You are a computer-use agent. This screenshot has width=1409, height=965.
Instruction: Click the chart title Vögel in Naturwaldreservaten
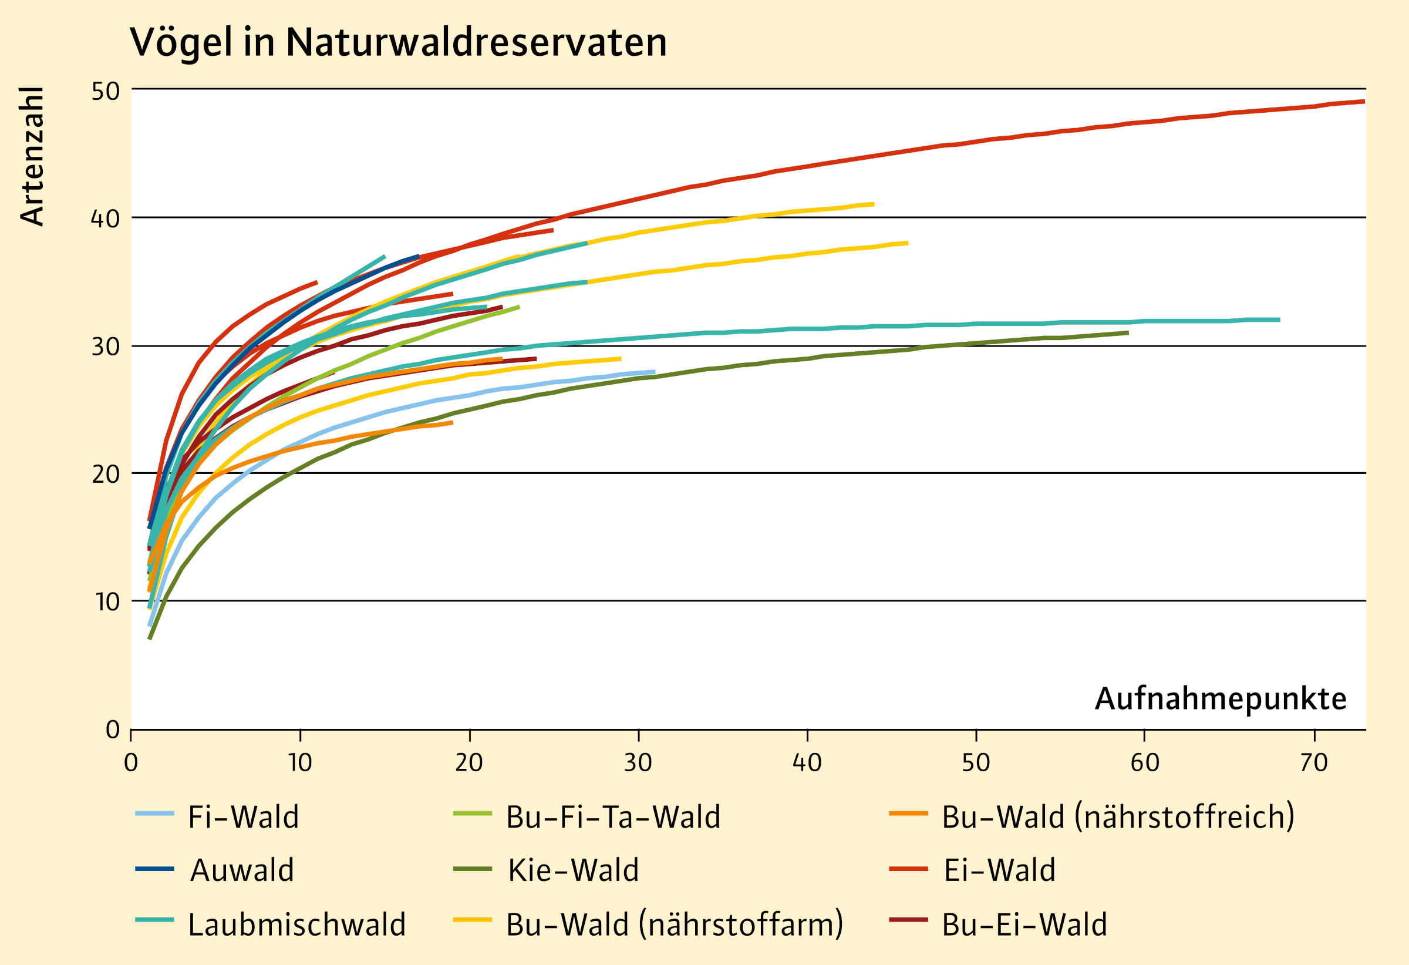(x=398, y=42)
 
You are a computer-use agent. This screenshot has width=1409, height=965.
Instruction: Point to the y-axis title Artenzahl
(x=32, y=156)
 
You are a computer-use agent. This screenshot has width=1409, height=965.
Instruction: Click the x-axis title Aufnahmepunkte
(x=1221, y=699)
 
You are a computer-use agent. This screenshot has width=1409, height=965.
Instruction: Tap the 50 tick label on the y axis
(x=106, y=91)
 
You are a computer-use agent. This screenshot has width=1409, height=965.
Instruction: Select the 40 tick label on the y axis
(x=106, y=218)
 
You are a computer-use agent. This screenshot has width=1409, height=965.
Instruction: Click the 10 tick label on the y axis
(x=106, y=602)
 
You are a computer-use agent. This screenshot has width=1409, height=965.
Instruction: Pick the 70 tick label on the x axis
(x=1314, y=763)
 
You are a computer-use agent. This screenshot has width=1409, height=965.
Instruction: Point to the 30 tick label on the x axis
(x=638, y=763)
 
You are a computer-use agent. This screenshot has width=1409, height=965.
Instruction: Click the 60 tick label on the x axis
(x=1145, y=763)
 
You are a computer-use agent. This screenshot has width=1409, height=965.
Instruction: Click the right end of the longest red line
(x=1364, y=101)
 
